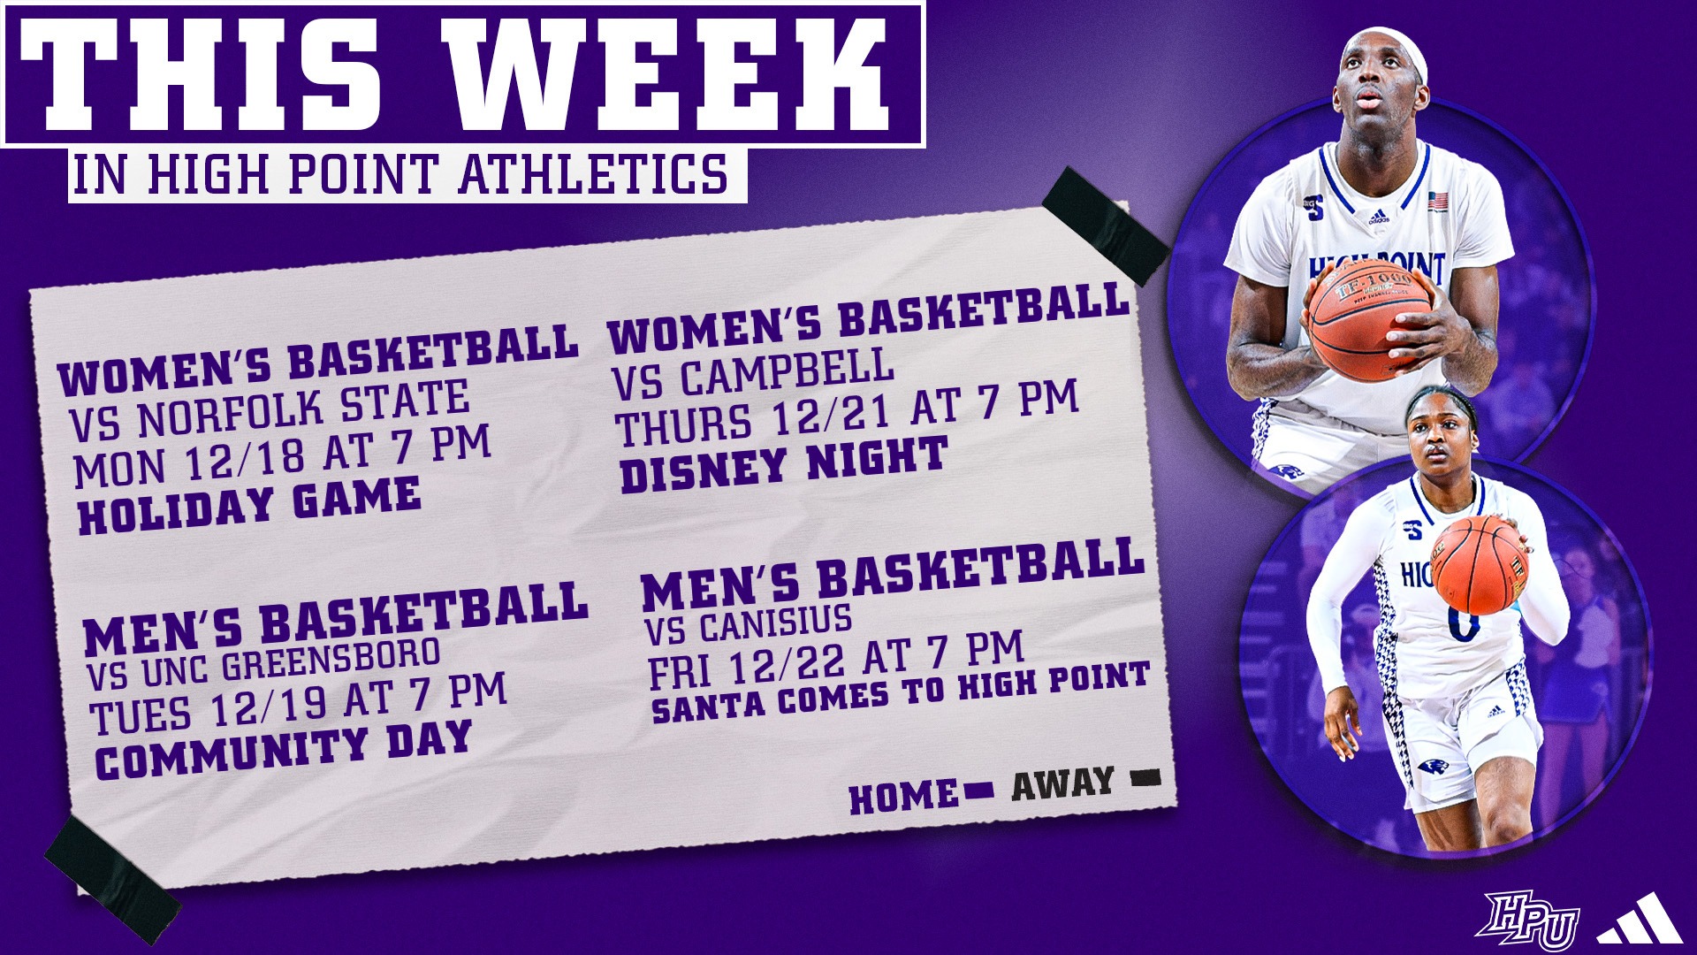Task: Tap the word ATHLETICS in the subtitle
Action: coord(592,174)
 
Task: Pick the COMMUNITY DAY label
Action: coord(283,750)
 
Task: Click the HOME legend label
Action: coord(902,798)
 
